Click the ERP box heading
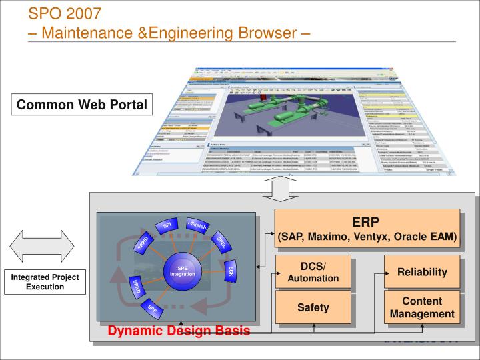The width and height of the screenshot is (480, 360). (367, 222)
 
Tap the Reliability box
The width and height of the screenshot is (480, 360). (422, 272)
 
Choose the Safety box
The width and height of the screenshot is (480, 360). (313, 307)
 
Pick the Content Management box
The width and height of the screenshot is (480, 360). (422, 307)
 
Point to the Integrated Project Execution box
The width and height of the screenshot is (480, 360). (45, 281)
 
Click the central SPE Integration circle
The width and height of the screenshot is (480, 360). (182, 271)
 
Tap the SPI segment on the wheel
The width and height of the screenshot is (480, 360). (167, 227)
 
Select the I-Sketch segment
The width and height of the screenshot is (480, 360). (197, 227)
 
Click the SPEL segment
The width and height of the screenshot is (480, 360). (223, 243)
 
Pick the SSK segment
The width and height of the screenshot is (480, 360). (231, 271)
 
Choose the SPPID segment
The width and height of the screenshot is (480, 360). (142, 243)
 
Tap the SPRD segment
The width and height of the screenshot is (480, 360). (135, 288)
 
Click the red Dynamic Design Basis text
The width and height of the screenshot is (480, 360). (179, 331)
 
